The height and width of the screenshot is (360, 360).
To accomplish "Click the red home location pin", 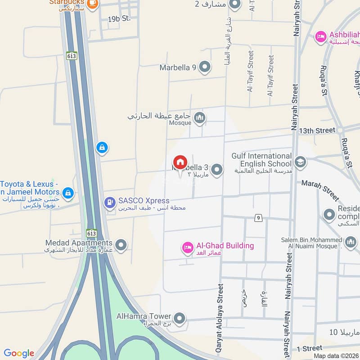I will (180, 162).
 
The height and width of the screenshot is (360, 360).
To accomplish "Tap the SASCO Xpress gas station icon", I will (109, 203).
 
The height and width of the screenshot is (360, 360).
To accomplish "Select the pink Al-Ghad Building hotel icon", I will (187, 247).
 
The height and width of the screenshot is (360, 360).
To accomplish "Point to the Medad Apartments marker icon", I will (121, 245).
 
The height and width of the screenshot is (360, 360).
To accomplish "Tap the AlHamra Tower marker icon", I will (180, 319).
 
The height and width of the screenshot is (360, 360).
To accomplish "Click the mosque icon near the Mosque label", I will (199, 119).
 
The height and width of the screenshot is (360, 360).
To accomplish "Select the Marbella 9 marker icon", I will (205, 67).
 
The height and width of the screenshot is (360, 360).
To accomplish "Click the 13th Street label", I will (319, 130).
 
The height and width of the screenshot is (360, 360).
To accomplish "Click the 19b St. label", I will (119, 19).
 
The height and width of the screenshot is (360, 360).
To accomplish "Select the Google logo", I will (19, 353).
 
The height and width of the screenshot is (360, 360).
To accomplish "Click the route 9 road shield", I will (258, 218).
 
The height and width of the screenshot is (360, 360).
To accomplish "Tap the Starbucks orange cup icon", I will (92, 4).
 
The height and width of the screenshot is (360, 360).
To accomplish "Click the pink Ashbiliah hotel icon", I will (321, 36).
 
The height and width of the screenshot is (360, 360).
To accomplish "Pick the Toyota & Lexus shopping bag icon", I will (68, 193).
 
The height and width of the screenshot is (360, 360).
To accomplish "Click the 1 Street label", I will (310, 348).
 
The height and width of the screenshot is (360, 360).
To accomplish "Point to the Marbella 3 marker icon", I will (217, 170).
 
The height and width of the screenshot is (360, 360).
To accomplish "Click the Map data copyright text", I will (336, 355).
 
